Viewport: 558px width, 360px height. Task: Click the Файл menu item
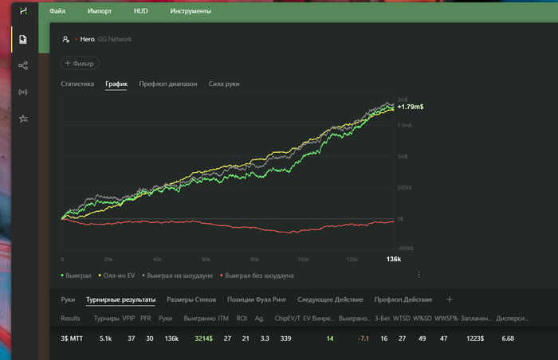pos(57,13)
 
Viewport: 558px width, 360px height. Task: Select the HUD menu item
pos(141,13)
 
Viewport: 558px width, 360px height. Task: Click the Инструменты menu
pos(191,13)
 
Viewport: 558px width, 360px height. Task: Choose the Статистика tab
pos(77,84)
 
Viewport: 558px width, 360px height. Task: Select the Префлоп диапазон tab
pos(168,84)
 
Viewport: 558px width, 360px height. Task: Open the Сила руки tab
pos(224,84)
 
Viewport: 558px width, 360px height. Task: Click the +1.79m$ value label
pos(410,106)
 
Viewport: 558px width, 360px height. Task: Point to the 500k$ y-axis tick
pos(404,188)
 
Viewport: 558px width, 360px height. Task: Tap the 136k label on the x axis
pos(393,260)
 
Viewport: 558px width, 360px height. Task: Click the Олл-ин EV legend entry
pos(118,276)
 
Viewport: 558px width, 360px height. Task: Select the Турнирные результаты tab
pos(121,299)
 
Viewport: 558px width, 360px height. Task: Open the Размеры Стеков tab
pos(191,299)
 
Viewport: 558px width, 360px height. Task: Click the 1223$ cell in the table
pos(474,338)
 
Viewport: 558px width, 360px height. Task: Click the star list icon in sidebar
pos(23,119)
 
